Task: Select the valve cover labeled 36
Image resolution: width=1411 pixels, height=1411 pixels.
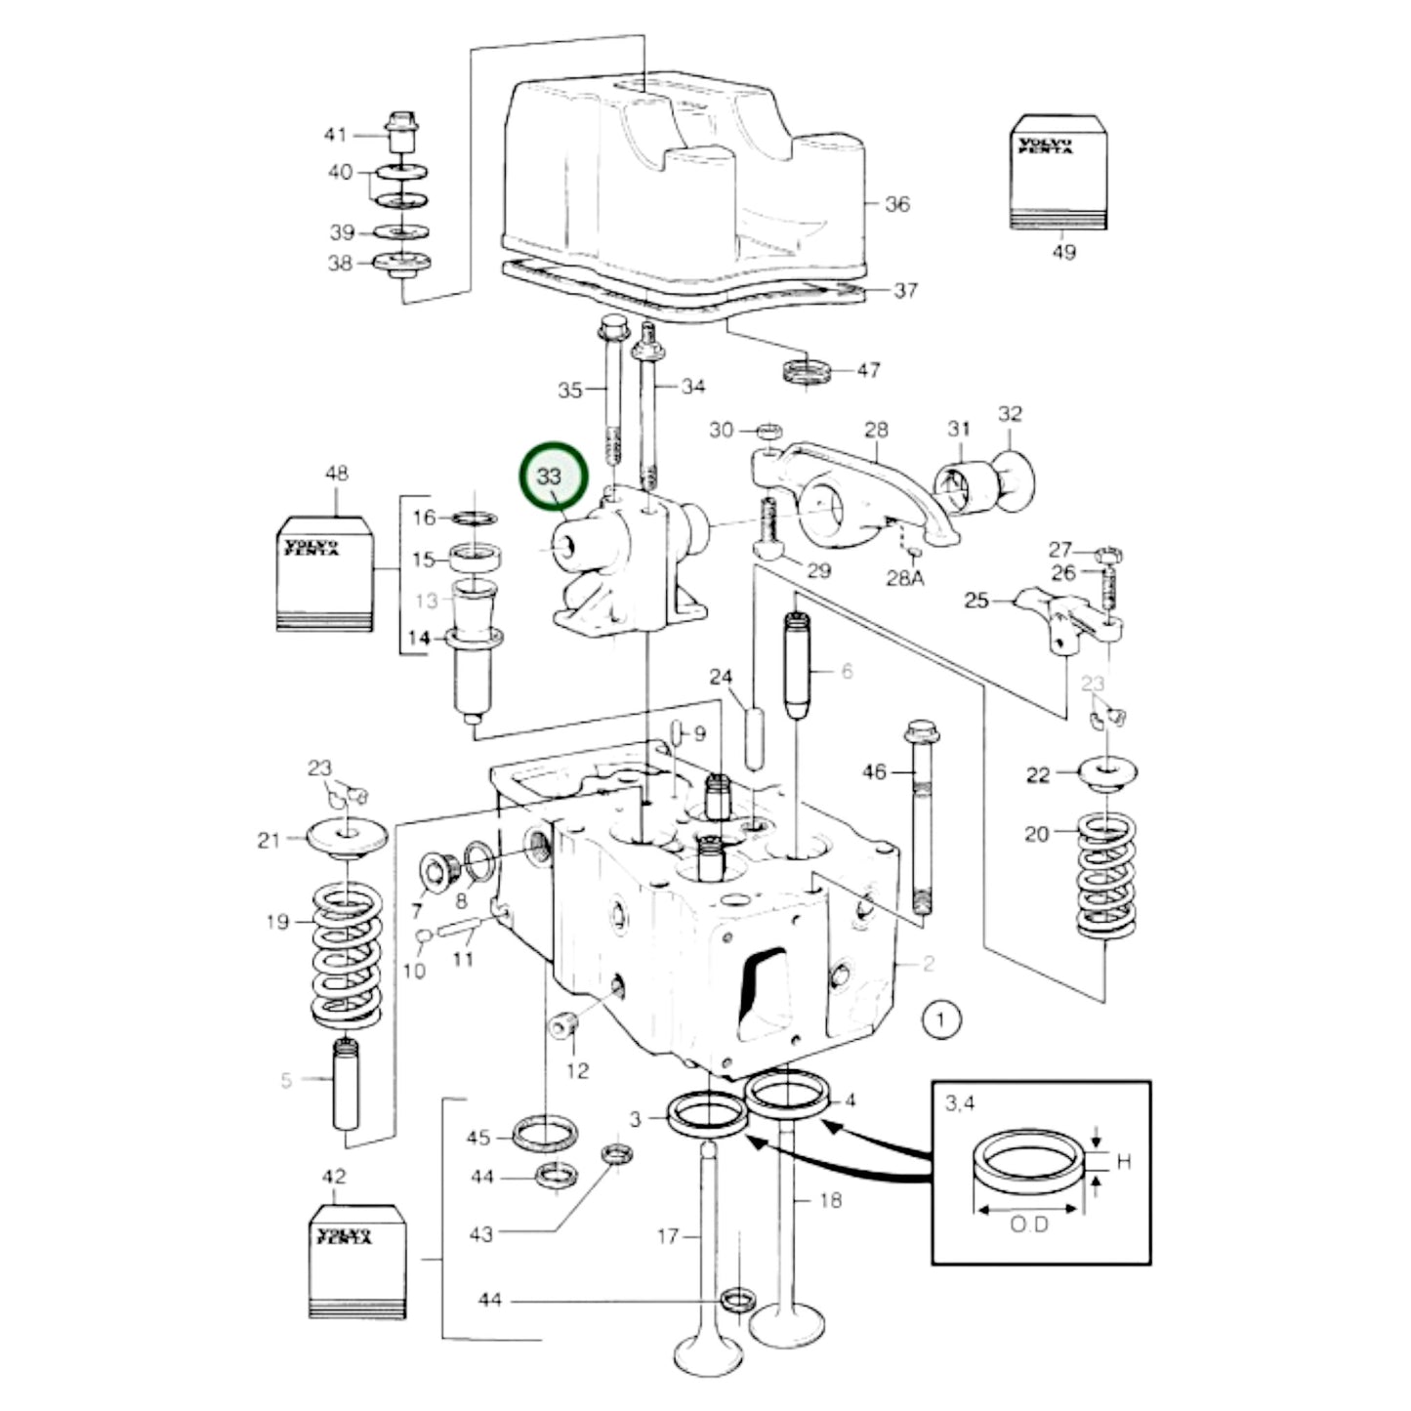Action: point(684,186)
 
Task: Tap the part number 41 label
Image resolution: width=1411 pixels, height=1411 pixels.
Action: point(335,135)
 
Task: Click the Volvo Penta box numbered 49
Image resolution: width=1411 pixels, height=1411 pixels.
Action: point(1058,173)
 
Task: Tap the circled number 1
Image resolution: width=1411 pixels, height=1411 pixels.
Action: point(940,1020)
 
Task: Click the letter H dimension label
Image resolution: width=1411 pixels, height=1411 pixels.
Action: point(1123,1162)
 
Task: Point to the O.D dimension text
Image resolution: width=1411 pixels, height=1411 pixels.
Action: point(1029,1224)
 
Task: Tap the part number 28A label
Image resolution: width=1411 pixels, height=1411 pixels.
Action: point(904,579)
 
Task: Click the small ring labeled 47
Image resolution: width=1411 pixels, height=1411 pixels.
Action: point(808,371)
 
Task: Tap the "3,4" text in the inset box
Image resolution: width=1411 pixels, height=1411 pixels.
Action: point(960,1103)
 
